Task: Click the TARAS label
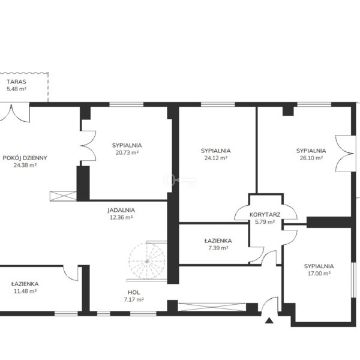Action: tap(16, 82)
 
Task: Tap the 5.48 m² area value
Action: tap(16, 89)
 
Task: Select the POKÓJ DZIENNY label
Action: tap(25, 158)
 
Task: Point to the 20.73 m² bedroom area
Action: tap(127, 152)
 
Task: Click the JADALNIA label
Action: tap(121, 210)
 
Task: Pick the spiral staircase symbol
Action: tap(147, 261)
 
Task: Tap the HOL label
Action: tap(134, 292)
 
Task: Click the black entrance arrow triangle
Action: tap(269, 320)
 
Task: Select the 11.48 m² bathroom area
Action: tap(25, 291)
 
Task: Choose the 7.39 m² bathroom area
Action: tap(218, 248)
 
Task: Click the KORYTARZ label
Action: tap(265, 215)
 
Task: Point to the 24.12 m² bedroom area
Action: tap(216, 158)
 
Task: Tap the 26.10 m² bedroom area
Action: tap(311, 158)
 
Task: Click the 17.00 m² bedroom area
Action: tap(319, 274)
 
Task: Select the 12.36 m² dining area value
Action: tap(121, 217)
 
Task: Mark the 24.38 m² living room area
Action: tap(25, 165)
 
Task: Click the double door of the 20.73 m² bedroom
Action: tap(88, 146)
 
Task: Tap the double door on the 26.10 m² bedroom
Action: tap(344, 154)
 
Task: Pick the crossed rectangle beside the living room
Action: tap(63, 196)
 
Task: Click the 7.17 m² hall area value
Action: tap(134, 299)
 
